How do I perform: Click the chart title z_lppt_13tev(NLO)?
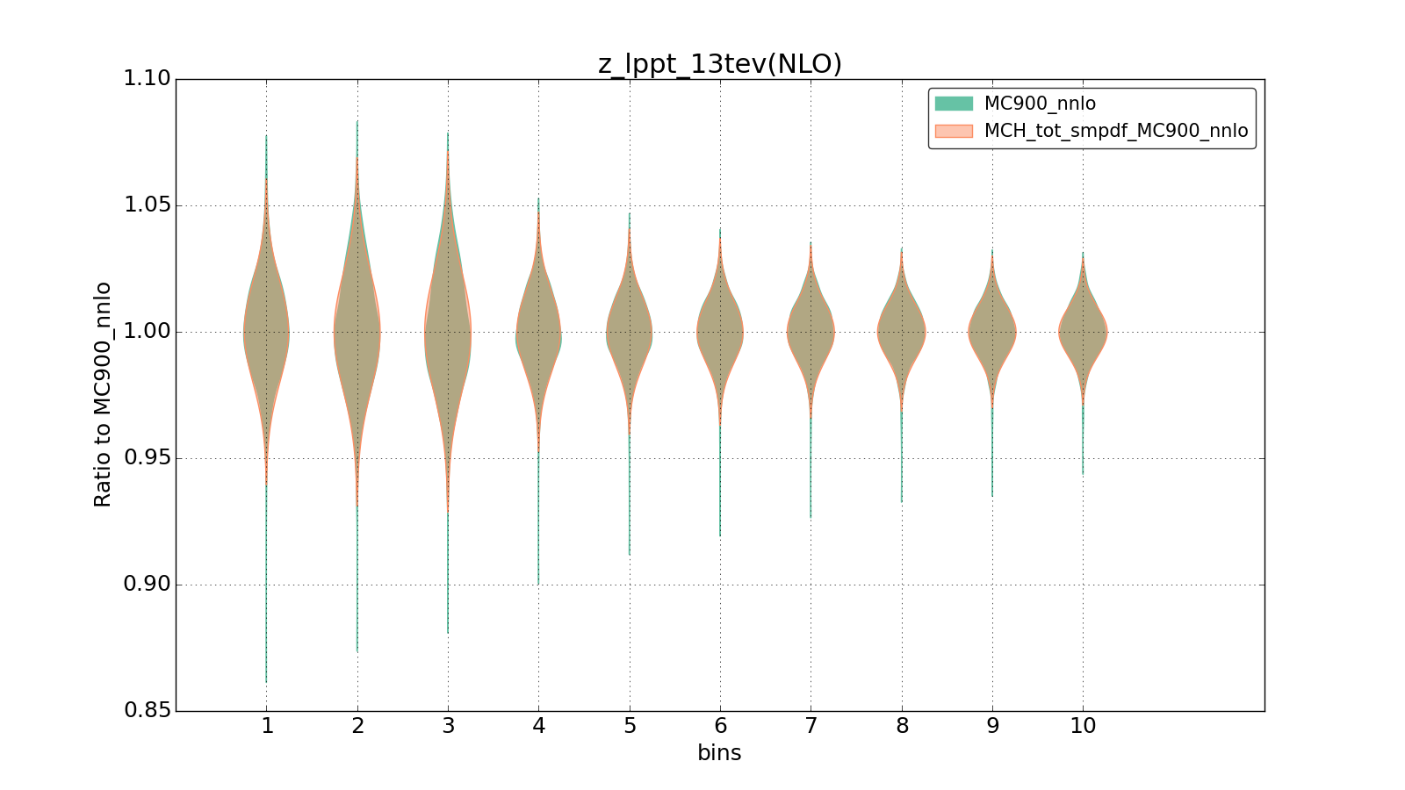pyautogui.click(x=719, y=64)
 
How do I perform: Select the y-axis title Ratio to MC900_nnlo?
pyautogui.click(x=103, y=394)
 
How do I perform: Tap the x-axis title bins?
pyautogui.click(x=719, y=753)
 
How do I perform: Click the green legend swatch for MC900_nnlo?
pyautogui.click(x=954, y=104)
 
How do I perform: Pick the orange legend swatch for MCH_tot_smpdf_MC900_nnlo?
pyautogui.click(x=954, y=131)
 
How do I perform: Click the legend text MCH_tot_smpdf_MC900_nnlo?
pyautogui.click(x=1115, y=131)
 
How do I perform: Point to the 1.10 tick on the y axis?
pyautogui.click(x=147, y=79)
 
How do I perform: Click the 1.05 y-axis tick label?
pyautogui.click(x=147, y=205)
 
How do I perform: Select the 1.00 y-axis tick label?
pyautogui.click(x=147, y=332)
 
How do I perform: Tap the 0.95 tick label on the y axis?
pyautogui.click(x=147, y=458)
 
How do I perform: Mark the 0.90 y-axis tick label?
pyautogui.click(x=147, y=585)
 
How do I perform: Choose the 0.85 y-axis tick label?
pyautogui.click(x=147, y=711)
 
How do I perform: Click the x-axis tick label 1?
pyautogui.click(x=267, y=726)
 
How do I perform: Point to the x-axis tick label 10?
pyautogui.click(x=1083, y=726)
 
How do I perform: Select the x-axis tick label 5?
pyautogui.click(x=630, y=726)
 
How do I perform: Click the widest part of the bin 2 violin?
pyautogui.click(x=357, y=333)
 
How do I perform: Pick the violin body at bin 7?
pyautogui.click(x=811, y=332)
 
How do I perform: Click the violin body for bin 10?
pyautogui.click(x=1083, y=332)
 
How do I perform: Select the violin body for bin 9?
pyautogui.click(x=992, y=332)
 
